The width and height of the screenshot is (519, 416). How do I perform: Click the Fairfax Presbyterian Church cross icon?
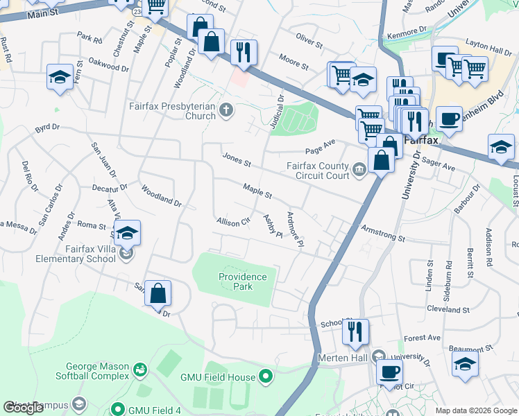click(x=226, y=110)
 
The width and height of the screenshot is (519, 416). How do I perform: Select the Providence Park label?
click(x=242, y=281)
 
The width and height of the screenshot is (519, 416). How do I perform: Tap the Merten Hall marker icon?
click(x=377, y=356)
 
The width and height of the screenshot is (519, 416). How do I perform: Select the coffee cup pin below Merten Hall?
click(x=389, y=372)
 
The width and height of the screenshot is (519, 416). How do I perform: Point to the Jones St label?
click(x=237, y=159)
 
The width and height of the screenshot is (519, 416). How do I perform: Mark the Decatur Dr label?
click(x=110, y=187)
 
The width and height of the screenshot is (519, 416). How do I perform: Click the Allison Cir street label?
click(x=232, y=222)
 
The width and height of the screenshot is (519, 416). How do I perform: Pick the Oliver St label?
click(x=309, y=40)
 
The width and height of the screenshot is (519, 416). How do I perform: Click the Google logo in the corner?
click(x=23, y=408)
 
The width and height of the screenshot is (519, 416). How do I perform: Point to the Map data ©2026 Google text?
click(x=476, y=410)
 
